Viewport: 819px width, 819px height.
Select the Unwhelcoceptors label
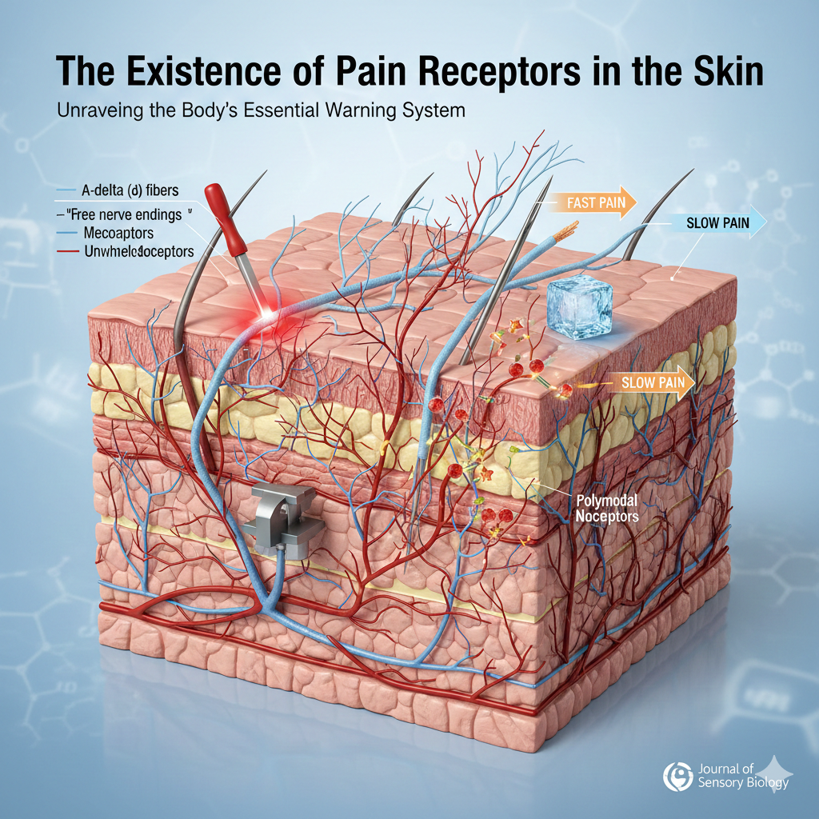click(x=138, y=252)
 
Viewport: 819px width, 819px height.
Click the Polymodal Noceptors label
click(x=607, y=508)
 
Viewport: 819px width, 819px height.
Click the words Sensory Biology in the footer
click(x=743, y=782)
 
